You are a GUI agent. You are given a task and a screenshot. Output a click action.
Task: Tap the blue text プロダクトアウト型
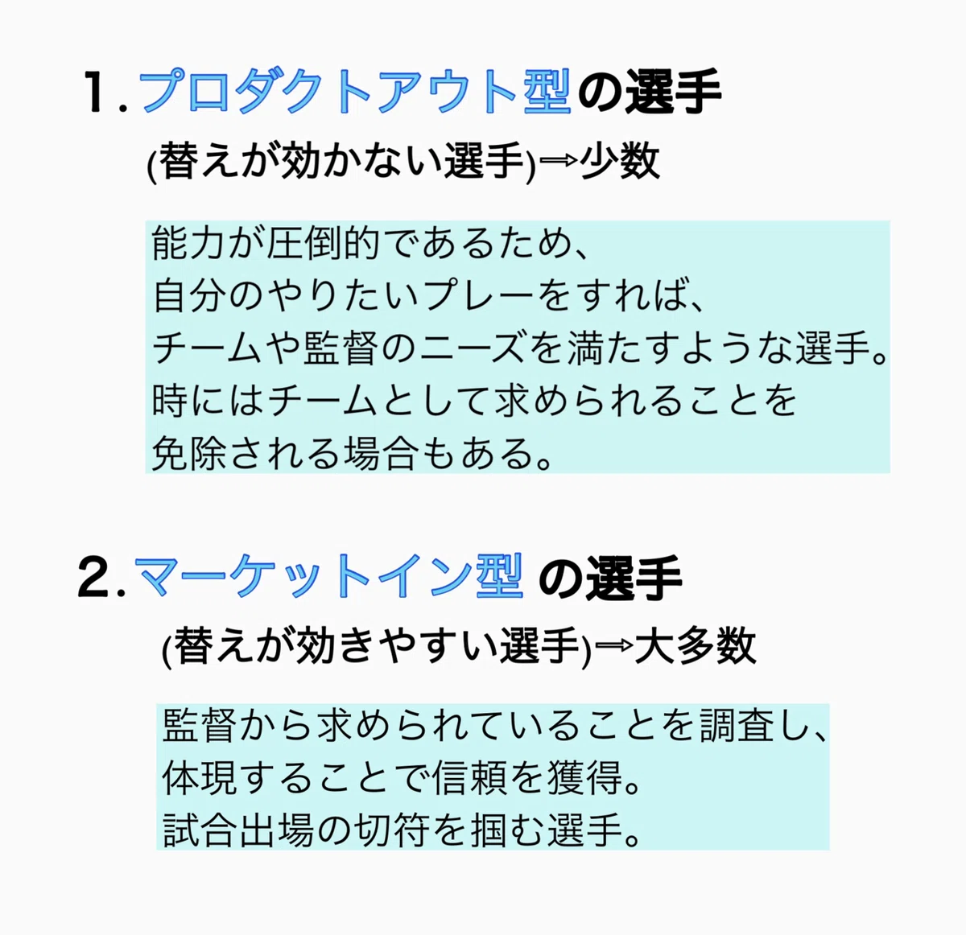click(x=354, y=91)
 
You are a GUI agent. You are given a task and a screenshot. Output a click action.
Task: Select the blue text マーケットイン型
click(x=328, y=576)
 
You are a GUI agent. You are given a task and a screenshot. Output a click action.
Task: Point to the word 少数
click(x=620, y=161)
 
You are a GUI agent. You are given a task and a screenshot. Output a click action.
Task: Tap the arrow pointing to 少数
click(x=559, y=160)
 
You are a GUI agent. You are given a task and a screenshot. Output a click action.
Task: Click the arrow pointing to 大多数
click(x=614, y=645)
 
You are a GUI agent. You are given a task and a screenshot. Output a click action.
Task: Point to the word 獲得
click(x=586, y=778)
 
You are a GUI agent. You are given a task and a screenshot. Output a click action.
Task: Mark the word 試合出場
click(x=238, y=830)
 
